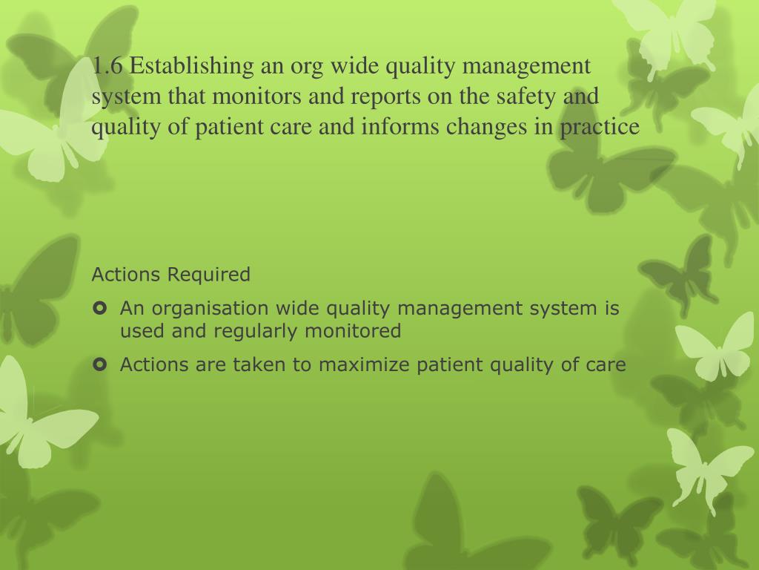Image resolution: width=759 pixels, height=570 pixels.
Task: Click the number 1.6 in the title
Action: (108, 67)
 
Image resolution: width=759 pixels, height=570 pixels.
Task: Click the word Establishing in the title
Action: (193, 67)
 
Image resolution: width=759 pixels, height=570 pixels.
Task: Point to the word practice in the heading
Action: (600, 128)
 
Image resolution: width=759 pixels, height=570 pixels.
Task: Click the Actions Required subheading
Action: (171, 275)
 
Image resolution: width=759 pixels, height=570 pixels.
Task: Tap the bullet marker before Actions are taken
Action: (101, 364)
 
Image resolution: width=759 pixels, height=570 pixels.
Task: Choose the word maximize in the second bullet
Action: (362, 365)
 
